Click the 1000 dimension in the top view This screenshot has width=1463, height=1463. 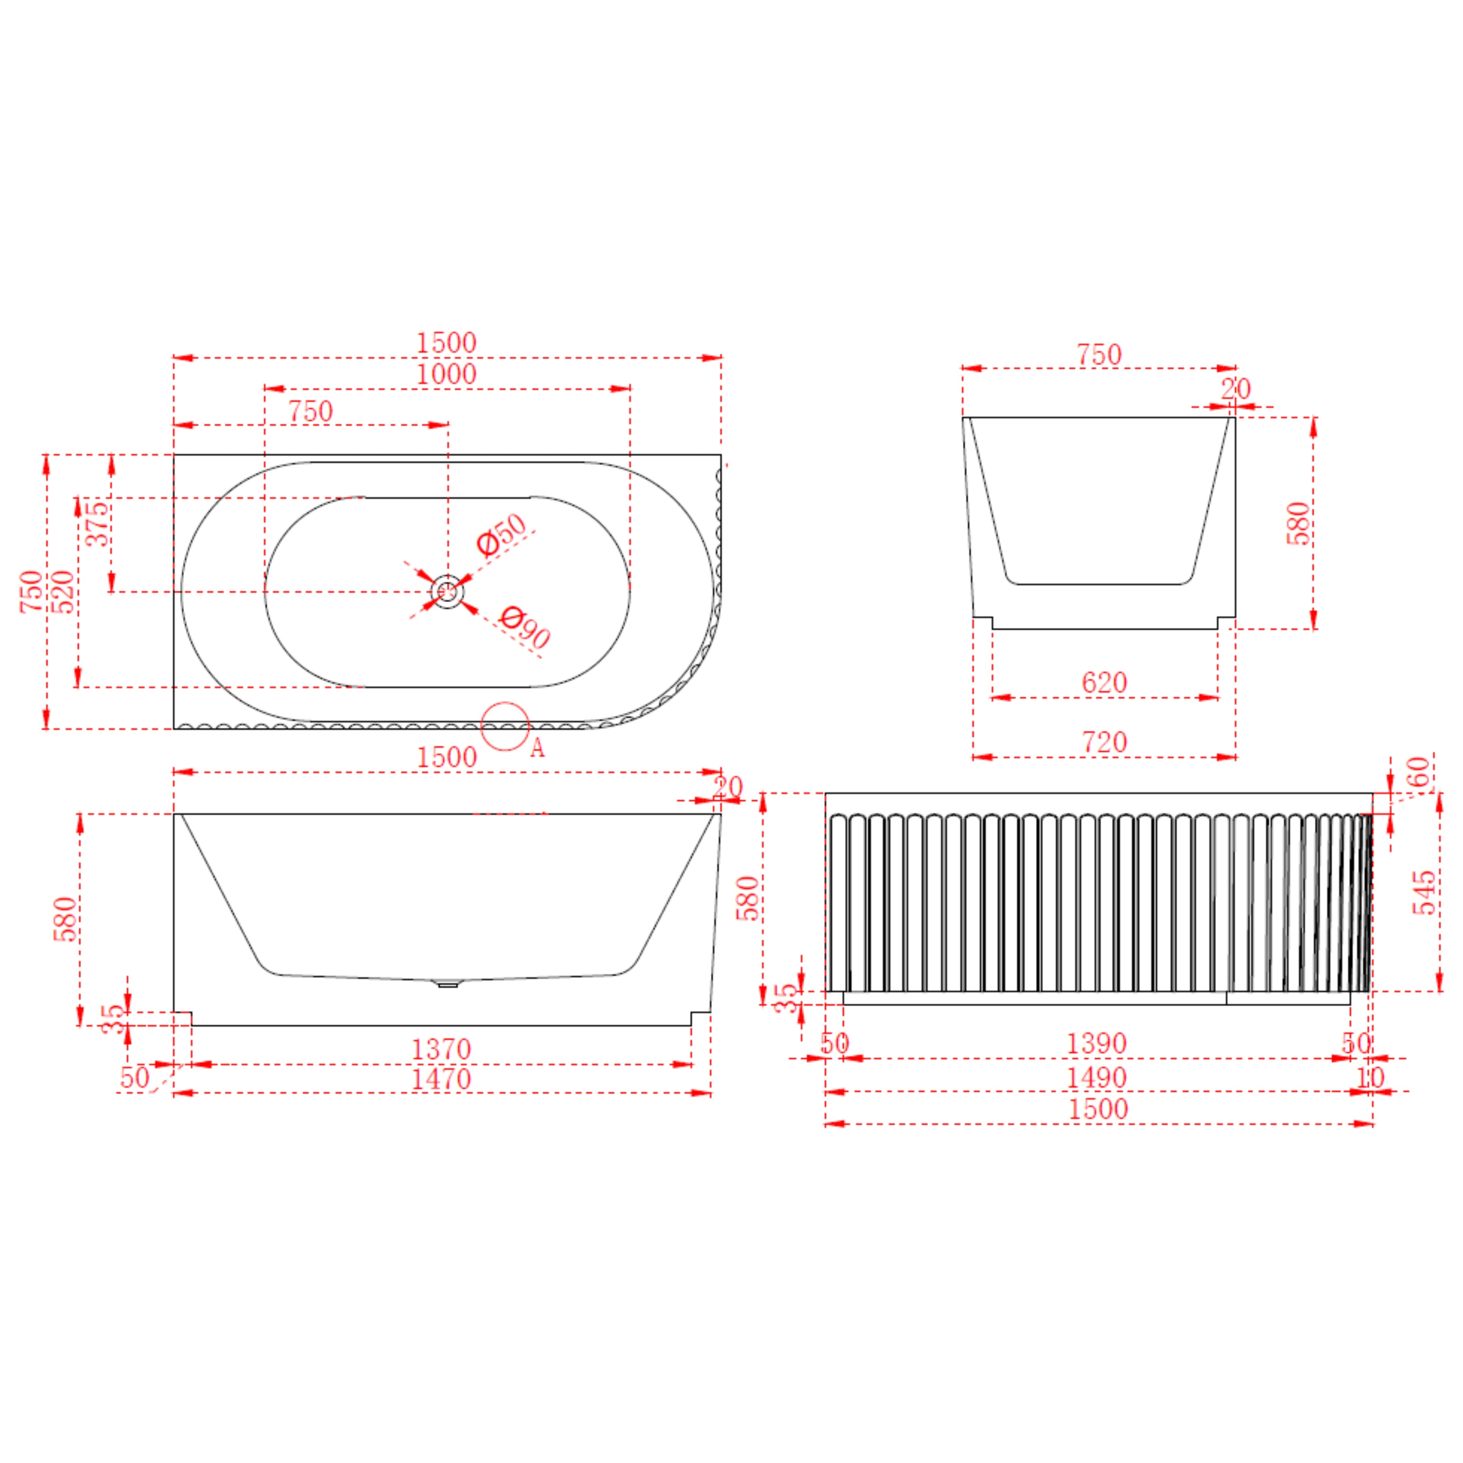[447, 374]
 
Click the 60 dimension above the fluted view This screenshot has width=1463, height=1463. [1419, 773]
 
